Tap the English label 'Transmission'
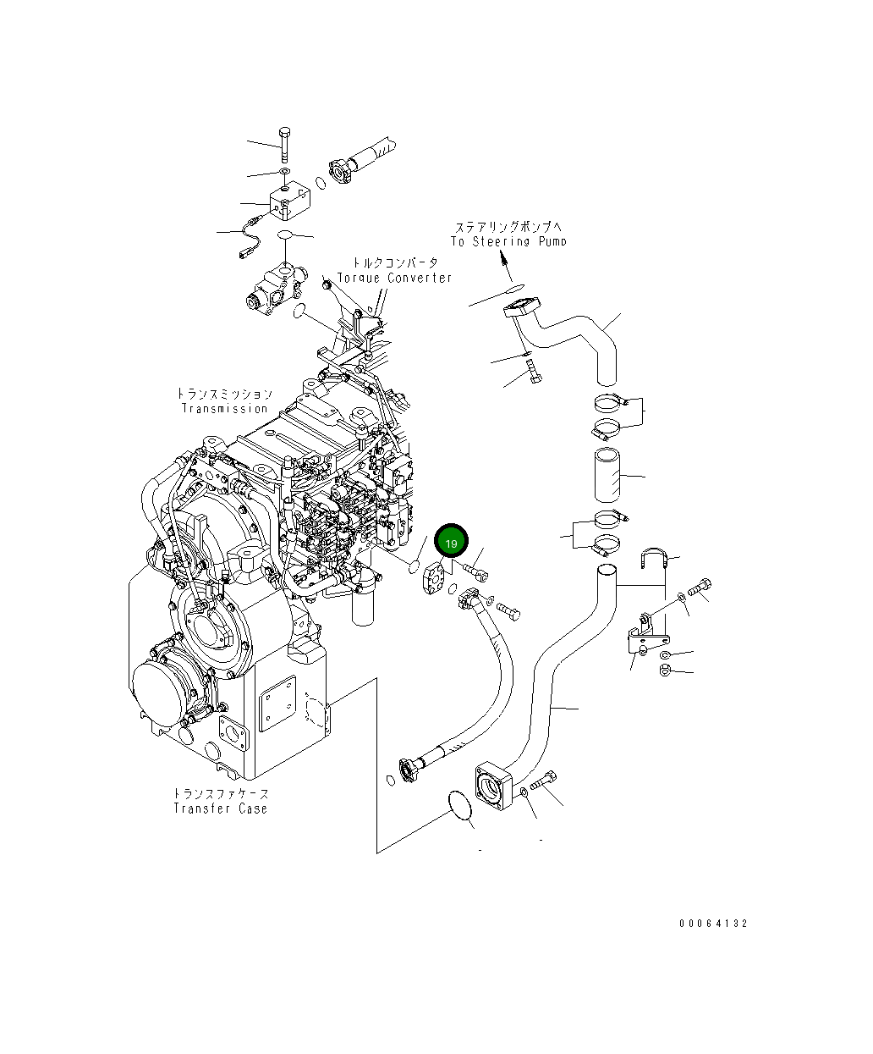tap(224, 409)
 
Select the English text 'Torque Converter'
tap(394, 278)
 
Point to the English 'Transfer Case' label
tap(220, 808)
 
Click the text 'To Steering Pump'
tap(508, 241)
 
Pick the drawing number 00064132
tap(712, 924)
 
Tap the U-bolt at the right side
tap(655, 558)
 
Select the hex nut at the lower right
tap(665, 672)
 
